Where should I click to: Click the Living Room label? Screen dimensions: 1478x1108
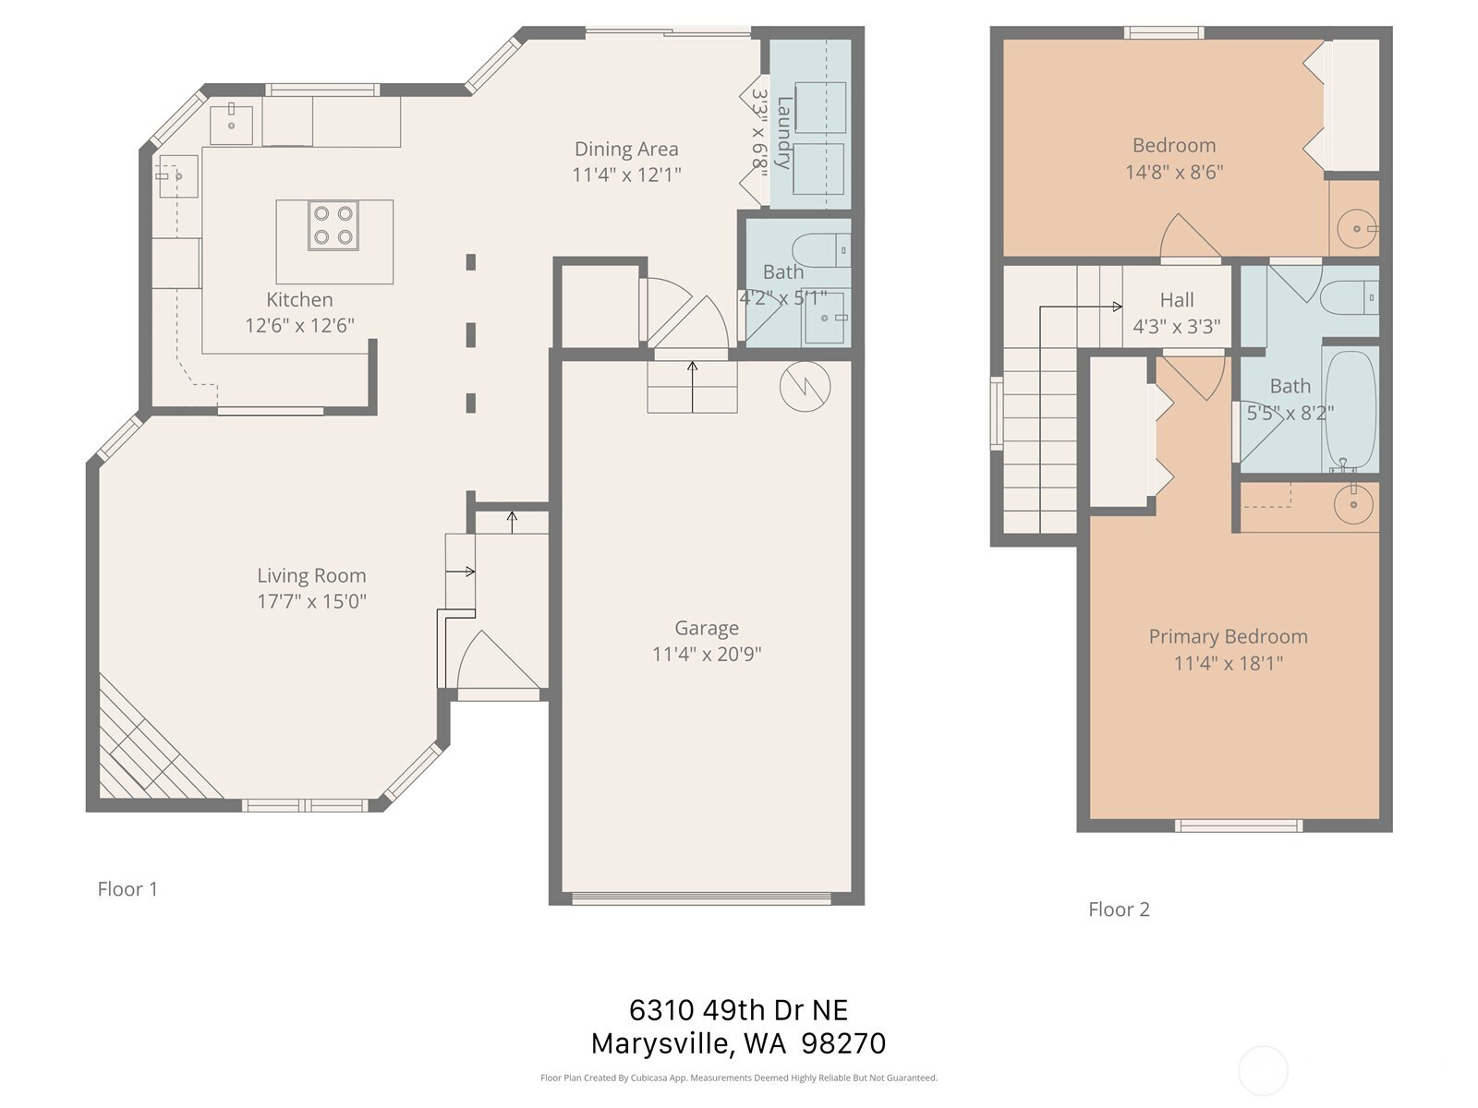(311, 575)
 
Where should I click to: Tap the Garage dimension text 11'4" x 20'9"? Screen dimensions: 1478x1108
(707, 654)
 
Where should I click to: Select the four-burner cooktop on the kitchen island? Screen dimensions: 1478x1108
(333, 225)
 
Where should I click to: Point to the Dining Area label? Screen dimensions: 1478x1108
(626, 149)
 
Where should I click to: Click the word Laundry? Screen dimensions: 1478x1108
(783, 133)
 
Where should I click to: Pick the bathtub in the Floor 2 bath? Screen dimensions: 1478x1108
(1351, 409)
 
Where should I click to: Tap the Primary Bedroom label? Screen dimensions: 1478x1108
(1229, 636)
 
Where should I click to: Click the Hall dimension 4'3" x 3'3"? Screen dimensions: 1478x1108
(1176, 326)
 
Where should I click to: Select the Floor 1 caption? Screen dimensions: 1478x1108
(127, 888)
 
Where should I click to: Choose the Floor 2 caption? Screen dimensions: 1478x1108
(1119, 909)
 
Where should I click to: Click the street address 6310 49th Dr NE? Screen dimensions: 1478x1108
(739, 1010)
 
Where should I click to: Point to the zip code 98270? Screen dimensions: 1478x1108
(843, 1043)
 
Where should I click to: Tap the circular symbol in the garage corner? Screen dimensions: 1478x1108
(805, 387)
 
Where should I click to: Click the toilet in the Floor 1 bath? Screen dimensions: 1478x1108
(821, 251)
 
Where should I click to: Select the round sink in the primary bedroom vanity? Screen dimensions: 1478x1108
(1353, 504)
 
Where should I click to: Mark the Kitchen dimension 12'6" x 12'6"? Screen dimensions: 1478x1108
(299, 326)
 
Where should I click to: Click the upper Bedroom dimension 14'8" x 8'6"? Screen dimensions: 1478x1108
(1174, 173)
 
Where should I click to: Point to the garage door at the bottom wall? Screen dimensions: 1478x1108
(702, 898)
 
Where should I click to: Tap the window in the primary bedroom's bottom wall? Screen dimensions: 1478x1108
(1239, 825)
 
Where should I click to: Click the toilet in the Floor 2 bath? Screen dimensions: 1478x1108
(1349, 297)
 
